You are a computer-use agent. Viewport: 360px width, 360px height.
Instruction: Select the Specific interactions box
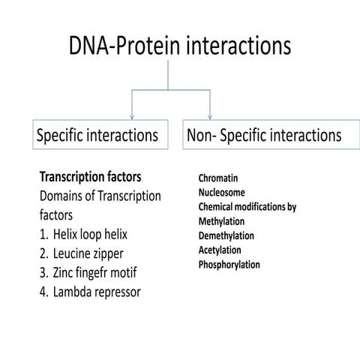[x=97, y=136]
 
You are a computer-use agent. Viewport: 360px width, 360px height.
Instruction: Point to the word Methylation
[x=226, y=221]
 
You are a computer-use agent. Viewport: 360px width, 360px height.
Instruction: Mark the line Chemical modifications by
[x=247, y=207]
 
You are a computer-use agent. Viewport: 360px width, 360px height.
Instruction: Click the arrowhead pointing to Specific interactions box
[x=132, y=115]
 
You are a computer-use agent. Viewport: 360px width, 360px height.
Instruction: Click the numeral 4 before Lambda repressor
[x=43, y=291]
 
